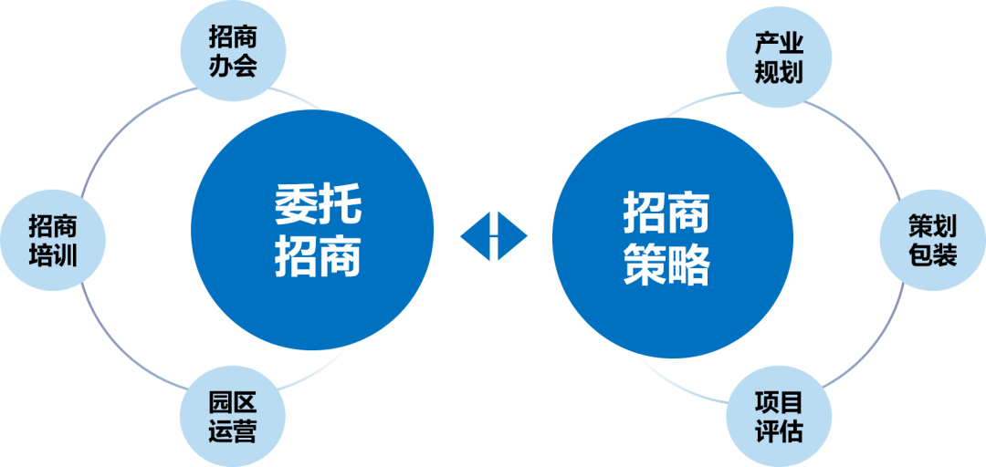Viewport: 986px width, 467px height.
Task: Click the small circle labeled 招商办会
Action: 233,51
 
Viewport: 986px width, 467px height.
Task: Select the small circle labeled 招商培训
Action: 53,241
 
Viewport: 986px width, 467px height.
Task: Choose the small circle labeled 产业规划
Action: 778,57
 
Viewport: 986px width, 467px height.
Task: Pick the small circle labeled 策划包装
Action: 932,240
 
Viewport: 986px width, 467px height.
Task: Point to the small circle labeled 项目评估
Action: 778,416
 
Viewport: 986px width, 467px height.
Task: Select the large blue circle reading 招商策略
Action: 668,234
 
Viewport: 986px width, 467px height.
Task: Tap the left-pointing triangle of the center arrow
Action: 476,236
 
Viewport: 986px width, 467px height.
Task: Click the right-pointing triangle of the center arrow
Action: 512,236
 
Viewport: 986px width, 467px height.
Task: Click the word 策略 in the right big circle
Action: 666,265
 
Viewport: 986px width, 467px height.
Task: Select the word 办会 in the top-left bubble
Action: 233,66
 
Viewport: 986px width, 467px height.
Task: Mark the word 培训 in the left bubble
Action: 53,255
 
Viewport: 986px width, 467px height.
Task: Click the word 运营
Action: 233,431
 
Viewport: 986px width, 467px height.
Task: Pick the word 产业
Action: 778,43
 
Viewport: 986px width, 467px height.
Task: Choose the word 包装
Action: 932,254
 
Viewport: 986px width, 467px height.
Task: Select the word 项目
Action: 778,401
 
